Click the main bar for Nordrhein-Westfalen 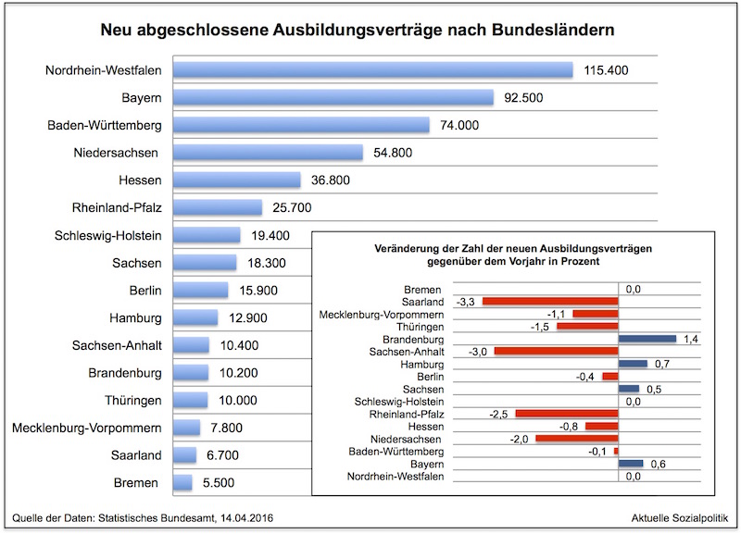373,70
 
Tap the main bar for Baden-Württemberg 301,125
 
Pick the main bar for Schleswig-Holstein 207,235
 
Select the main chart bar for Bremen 182,483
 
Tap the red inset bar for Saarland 548,302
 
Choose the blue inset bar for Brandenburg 647,340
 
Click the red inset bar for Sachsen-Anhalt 555,352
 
